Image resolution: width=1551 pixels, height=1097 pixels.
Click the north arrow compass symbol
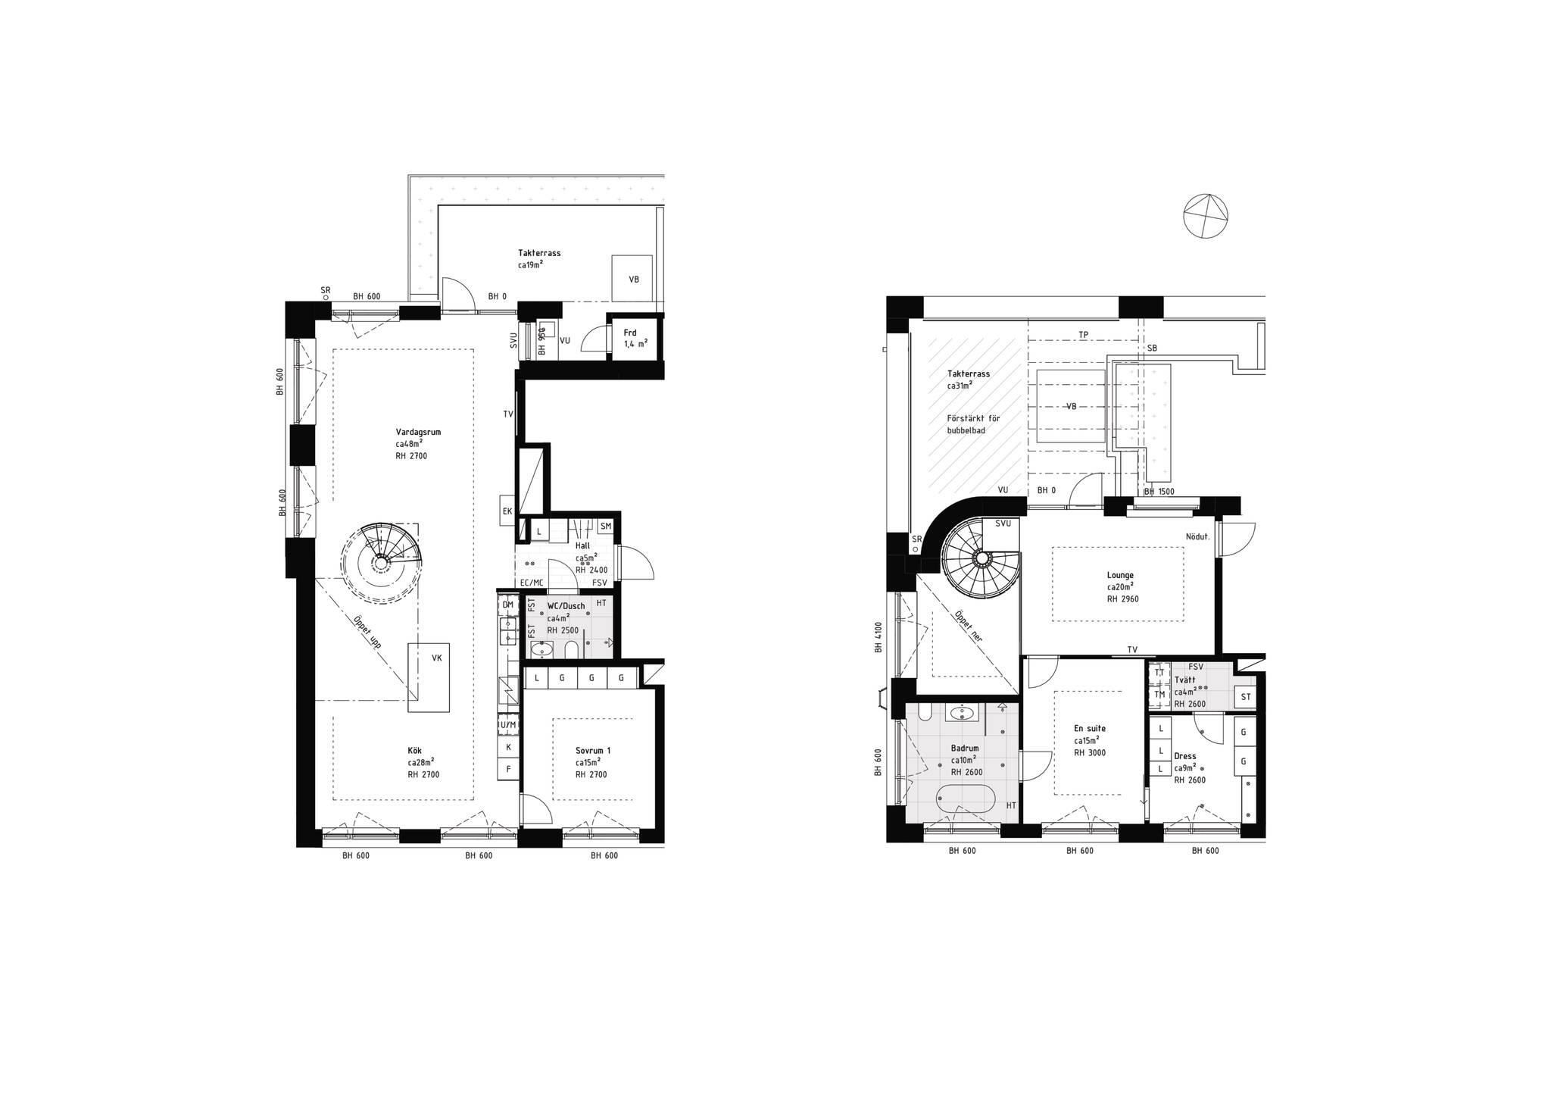pyautogui.click(x=1206, y=217)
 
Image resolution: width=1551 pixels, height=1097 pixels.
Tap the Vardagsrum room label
pyautogui.click(x=418, y=432)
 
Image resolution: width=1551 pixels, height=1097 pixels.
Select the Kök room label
pyautogui.click(x=414, y=751)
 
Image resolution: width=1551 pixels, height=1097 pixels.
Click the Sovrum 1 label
pyautogui.click(x=593, y=751)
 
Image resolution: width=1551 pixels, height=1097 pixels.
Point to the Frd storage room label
pyautogui.click(x=630, y=333)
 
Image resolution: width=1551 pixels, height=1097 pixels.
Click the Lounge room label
pyautogui.click(x=1120, y=575)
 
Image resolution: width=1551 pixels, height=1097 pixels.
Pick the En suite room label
pyautogui.click(x=1090, y=729)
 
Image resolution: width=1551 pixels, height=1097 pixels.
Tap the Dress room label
pyautogui.click(x=1185, y=756)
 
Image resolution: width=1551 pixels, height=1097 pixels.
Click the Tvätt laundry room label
pyautogui.click(x=1185, y=680)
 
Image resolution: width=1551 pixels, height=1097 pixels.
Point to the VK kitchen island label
pyautogui.click(x=437, y=658)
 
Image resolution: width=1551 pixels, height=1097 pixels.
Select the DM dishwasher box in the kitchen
pyautogui.click(x=507, y=605)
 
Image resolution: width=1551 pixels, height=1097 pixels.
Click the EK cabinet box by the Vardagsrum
pyautogui.click(x=507, y=511)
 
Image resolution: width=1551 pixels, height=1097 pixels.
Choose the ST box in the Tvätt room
pyautogui.click(x=1244, y=697)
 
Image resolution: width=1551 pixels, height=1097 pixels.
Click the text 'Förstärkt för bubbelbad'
pyautogui.click(x=973, y=424)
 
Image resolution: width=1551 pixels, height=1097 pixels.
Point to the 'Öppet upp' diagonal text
pyautogui.click(x=367, y=631)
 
